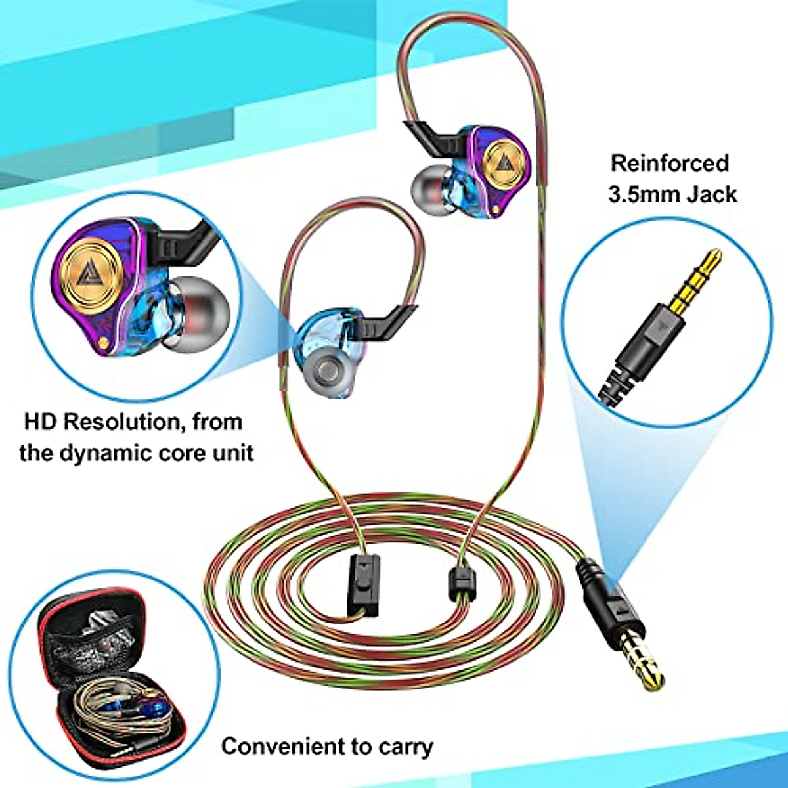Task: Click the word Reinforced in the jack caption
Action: point(670,163)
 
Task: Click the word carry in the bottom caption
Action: point(406,747)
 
